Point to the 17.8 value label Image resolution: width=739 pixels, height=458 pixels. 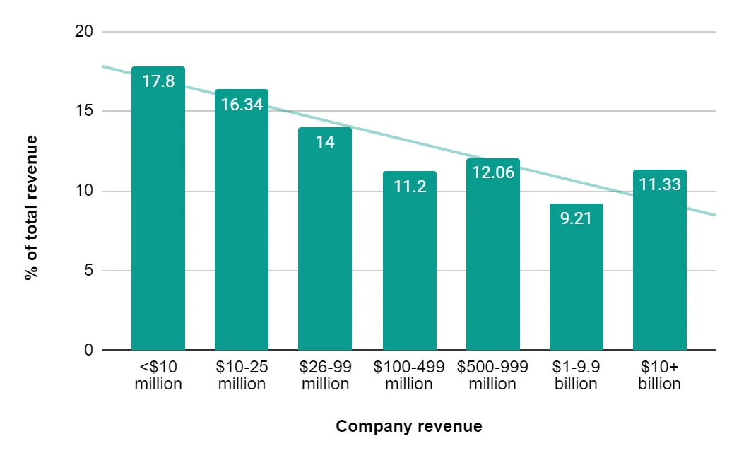click(158, 81)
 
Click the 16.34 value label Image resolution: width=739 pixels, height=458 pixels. click(242, 105)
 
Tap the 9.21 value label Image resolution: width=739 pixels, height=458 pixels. click(576, 218)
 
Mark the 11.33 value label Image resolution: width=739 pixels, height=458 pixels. click(659, 184)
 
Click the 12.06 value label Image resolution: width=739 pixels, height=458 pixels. click(492, 172)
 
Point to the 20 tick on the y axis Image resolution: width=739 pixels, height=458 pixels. click(84, 32)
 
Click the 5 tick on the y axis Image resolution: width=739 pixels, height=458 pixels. click(89, 271)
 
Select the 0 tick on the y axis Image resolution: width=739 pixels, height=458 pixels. click(89, 351)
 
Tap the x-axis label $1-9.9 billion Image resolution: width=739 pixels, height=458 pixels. click(576, 376)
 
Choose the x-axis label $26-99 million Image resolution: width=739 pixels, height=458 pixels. click(325, 376)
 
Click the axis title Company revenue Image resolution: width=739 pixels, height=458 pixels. click(409, 427)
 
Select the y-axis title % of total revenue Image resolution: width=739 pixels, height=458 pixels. click(30, 208)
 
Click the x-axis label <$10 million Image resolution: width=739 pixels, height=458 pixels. click(158, 376)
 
